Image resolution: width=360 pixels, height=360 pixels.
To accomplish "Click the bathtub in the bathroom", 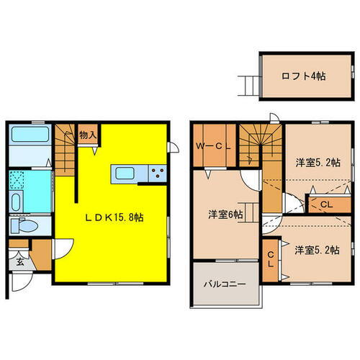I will [30, 135].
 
